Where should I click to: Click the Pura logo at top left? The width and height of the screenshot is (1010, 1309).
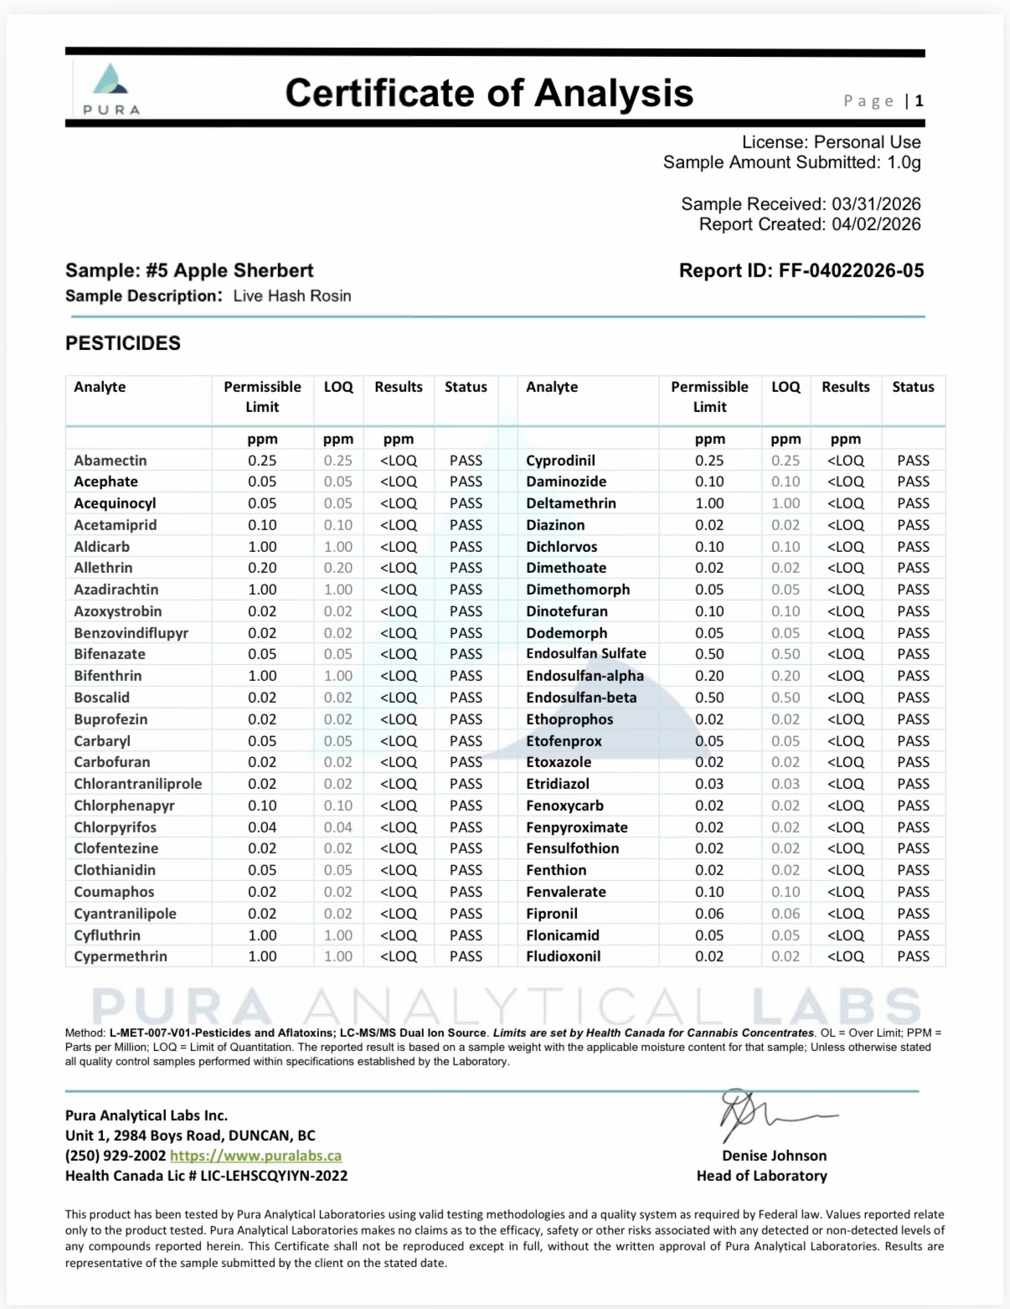(x=111, y=88)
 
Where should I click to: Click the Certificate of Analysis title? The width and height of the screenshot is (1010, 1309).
(x=489, y=92)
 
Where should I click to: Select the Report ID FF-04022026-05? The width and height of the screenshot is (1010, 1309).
(x=801, y=271)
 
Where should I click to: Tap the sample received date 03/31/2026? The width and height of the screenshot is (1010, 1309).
(x=875, y=204)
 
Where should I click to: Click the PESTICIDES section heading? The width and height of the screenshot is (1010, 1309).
(x=123, y=343)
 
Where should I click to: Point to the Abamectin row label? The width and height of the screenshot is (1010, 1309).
(x=111, y=461)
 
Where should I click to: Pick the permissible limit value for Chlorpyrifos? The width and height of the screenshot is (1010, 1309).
(x=262, y=827)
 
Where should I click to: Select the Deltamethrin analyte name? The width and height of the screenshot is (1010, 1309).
(x=571, y=503)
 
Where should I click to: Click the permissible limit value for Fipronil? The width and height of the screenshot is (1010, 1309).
(x=709, y=914)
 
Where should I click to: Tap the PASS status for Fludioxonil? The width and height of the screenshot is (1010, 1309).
(x=913, y=956)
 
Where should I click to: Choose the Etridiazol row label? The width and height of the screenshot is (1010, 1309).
(x=558, y=784)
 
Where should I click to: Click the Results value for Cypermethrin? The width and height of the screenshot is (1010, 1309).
(x=399, y=956)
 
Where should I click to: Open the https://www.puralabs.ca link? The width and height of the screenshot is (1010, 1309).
(x=255, y=1156)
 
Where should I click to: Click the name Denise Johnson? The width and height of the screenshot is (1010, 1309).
(x=774, y=1156)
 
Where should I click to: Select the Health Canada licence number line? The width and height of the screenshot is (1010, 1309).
(x=206, y=1176)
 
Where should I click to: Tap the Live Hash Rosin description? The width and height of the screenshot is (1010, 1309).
(x=291, y=296)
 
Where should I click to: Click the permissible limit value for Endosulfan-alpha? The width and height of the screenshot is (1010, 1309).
(x=709, y=676)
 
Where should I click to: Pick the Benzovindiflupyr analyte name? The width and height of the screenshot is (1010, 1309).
(x=131, y=633)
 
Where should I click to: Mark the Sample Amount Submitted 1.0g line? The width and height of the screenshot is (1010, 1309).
(x=791, y=162)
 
